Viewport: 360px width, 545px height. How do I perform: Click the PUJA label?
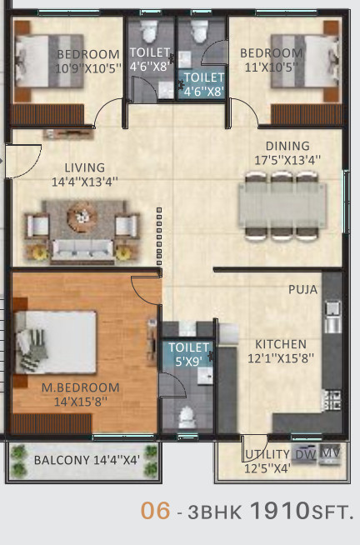click(303, 289)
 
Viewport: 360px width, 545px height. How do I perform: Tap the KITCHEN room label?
click(281, 344)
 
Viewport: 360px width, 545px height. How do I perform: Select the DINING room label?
click(287, 146)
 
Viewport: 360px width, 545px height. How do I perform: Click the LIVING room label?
click(85, 167)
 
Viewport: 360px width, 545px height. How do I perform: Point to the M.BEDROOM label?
click(80, 387)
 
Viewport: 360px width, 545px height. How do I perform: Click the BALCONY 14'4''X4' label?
click(87, 460)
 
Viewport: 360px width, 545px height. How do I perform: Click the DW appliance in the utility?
click(306, 454)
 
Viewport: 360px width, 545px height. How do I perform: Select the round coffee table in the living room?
click(82, 217)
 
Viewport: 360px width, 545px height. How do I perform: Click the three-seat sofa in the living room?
click(82, 249)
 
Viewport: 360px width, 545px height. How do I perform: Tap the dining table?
click(282, 206)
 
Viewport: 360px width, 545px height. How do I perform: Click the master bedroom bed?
click(55, 342)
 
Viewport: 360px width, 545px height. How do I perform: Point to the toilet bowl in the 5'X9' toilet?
click(187, 417)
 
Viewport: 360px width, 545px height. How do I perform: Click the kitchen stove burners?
click(333, 400)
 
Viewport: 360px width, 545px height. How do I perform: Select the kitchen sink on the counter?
click(332, 317)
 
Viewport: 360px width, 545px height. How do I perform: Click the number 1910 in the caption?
click(280, 511)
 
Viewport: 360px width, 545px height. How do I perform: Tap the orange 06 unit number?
click(155, 511)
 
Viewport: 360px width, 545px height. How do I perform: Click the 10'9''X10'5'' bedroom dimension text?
click(88, 68)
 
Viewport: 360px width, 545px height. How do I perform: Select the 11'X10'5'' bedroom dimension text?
click(272, 67)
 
